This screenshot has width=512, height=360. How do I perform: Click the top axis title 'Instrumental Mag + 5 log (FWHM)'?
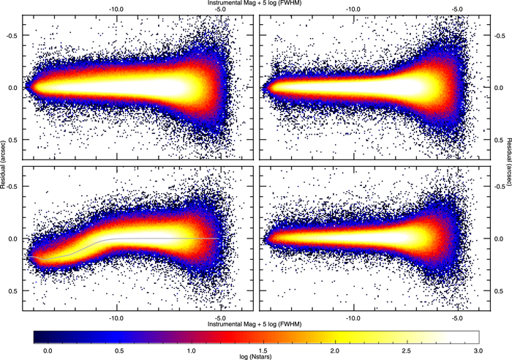click(255, 4)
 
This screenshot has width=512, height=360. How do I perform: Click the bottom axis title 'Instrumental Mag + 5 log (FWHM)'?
click(255, 323)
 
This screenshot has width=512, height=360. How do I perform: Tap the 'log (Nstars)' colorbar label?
click(255, 356)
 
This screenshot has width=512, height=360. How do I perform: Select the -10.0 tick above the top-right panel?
click(353, 10)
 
